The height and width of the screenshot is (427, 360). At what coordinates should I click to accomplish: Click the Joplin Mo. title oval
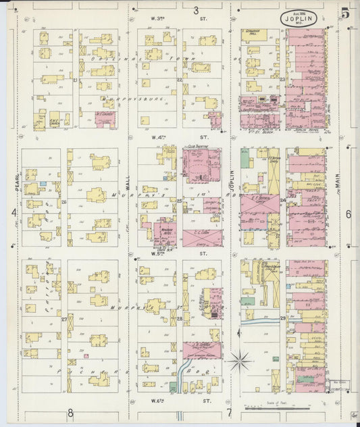point(297,18)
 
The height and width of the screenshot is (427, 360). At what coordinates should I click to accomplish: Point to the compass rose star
point(239,361)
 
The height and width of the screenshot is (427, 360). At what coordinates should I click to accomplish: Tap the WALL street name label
point(127,180)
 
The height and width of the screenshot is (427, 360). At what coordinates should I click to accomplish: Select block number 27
point(64,319)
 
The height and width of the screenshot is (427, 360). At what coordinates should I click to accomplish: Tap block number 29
point(282,318)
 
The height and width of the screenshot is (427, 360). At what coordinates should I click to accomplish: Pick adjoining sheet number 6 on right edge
point(349,214)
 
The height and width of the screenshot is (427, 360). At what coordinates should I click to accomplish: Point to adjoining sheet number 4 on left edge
point(13,213)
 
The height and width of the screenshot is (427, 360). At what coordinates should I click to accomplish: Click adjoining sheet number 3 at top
point(196,10)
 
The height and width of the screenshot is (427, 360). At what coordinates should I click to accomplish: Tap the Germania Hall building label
point(253,32)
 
